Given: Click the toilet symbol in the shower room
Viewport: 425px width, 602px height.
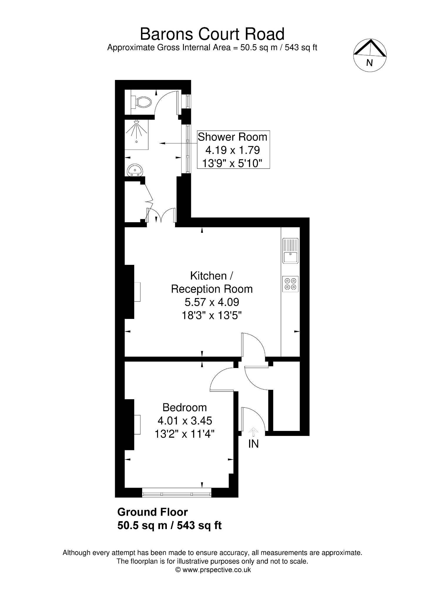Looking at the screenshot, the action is pyautogui.click(x=141, y=102).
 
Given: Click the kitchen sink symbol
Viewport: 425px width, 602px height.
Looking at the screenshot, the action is pyautogui.click(x=290, y=251).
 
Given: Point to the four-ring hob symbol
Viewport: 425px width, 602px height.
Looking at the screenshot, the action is pyautogui.click(x=290, y=284).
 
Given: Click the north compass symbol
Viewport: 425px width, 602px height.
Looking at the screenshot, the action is pyautogui.click(x=370, y=55).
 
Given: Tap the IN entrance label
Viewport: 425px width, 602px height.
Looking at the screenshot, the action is pyautogui.click(x=253, y=444).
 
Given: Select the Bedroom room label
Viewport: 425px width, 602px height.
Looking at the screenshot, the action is pyautogui.click(x=185, y=407).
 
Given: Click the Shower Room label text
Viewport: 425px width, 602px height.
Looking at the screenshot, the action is pyautogui.click(x=233, y=137).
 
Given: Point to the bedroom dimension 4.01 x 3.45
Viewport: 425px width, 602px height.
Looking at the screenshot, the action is pyautogui.click(x=185, y=421).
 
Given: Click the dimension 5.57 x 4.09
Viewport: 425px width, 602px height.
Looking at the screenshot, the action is pyautogui.click(x=212, y=302).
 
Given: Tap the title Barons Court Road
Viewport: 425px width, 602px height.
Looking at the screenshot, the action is pyautogui.click(x=212, y=34).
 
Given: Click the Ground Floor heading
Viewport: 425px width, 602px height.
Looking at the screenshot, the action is pyautogui.click(x=152, y=512).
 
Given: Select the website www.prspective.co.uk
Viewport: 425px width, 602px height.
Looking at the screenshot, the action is pyautogui.click(x=217, y=570).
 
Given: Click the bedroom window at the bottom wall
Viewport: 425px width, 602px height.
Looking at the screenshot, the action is pyautogui.click(x=177, y=493).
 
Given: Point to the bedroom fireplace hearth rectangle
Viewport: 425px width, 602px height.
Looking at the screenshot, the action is pyautogui.click(x=137, y=424).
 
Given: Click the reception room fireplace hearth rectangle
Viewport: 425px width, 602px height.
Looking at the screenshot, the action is pyautogui.click(x=137, y=292).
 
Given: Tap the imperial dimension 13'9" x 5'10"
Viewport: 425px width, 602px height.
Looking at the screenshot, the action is pyautogui.click(x=232, y=163).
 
